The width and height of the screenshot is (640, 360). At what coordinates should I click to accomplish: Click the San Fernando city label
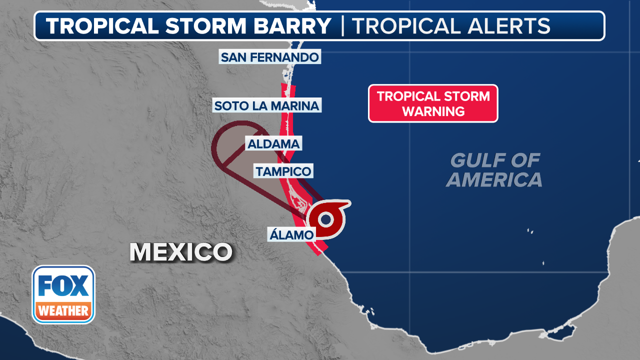click(x=269, y=57)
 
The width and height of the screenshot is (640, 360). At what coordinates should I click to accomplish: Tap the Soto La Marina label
click(x=266, y=105)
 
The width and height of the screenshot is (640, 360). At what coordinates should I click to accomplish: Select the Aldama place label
click(x=273, y=144)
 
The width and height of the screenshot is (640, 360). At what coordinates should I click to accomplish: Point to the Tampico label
click(x=283, y=171)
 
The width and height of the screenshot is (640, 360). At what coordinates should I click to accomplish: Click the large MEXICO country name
click(x=181, y=252)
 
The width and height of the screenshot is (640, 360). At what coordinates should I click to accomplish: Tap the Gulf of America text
click(x=494, y=170)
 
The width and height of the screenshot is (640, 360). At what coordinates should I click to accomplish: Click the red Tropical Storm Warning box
click(x=433, y=103)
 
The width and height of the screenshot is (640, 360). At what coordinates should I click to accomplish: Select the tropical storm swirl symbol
click(x=327, y=218)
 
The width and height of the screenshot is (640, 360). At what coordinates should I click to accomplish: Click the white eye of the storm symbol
click(x=326, y=219)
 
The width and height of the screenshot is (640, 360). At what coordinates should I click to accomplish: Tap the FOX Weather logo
click(x=63, y=294)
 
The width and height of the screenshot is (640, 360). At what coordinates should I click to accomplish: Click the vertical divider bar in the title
click(x=342, y=26)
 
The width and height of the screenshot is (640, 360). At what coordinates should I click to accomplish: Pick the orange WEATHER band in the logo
click(x=63, y=311)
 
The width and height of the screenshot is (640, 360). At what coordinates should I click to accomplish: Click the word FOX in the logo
click(x=63, y=286)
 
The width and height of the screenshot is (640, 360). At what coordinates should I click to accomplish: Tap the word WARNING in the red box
click(x=433, y=111)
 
